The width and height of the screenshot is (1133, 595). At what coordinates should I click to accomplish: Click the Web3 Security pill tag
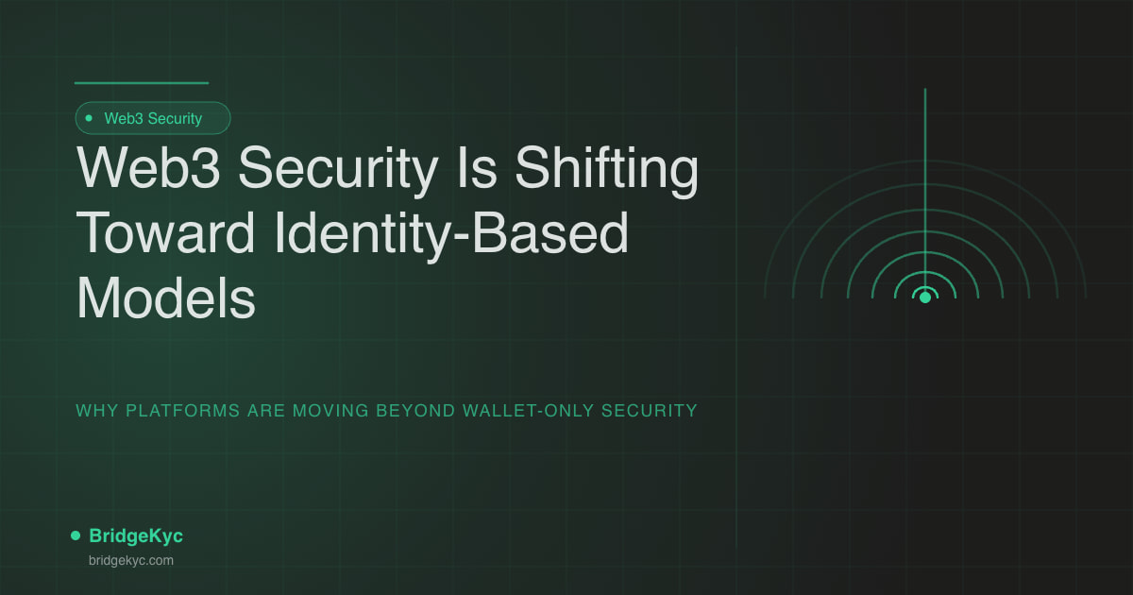pyautogui.click(x=153, y=118)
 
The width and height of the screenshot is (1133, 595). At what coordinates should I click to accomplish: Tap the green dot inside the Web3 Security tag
pyautogui.click(x=89, y=118)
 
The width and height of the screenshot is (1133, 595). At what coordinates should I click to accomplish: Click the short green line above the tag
pyautogui.click(x=142, y=83)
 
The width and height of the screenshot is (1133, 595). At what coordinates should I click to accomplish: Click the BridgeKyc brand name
pyautogui.click(x=136, y=535)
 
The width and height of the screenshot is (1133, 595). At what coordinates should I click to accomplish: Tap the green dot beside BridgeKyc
pyautogui.click(x=76, y=535)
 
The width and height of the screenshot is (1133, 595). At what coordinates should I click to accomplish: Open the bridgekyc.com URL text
pyautogui.click(x=130, y=560)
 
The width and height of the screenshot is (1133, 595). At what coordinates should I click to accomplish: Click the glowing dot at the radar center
pyautogui.click(x=925, y=297)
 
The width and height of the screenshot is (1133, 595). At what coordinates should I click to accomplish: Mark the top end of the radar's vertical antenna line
pyautogui.click(x=925, y=91)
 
